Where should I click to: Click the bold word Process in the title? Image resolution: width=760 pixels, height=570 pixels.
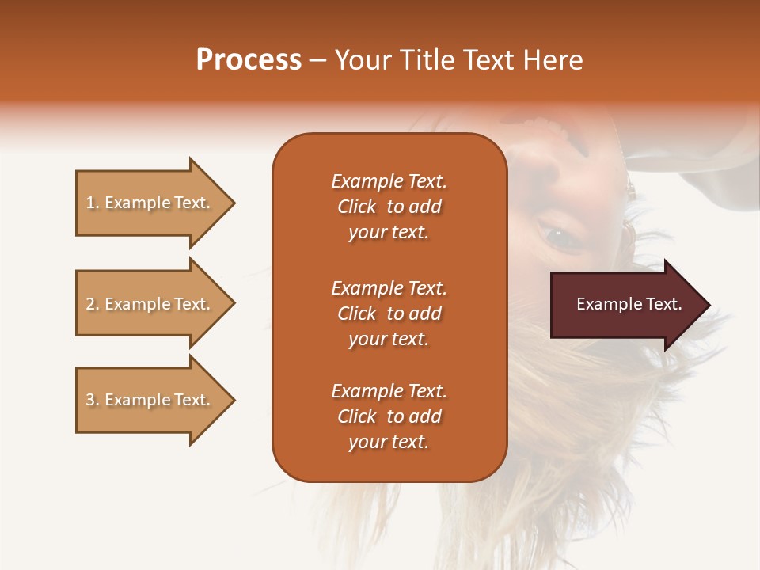coord(249,60)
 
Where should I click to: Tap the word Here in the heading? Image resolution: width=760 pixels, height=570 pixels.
coord(553,60)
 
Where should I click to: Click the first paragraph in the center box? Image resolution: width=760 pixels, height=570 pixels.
coord(389,207)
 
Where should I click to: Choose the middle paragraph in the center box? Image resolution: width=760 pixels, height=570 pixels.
coord(389,313)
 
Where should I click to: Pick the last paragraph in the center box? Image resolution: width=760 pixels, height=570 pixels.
coord(389,416)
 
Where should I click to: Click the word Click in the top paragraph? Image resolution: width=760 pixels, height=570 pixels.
coord(357,207)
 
